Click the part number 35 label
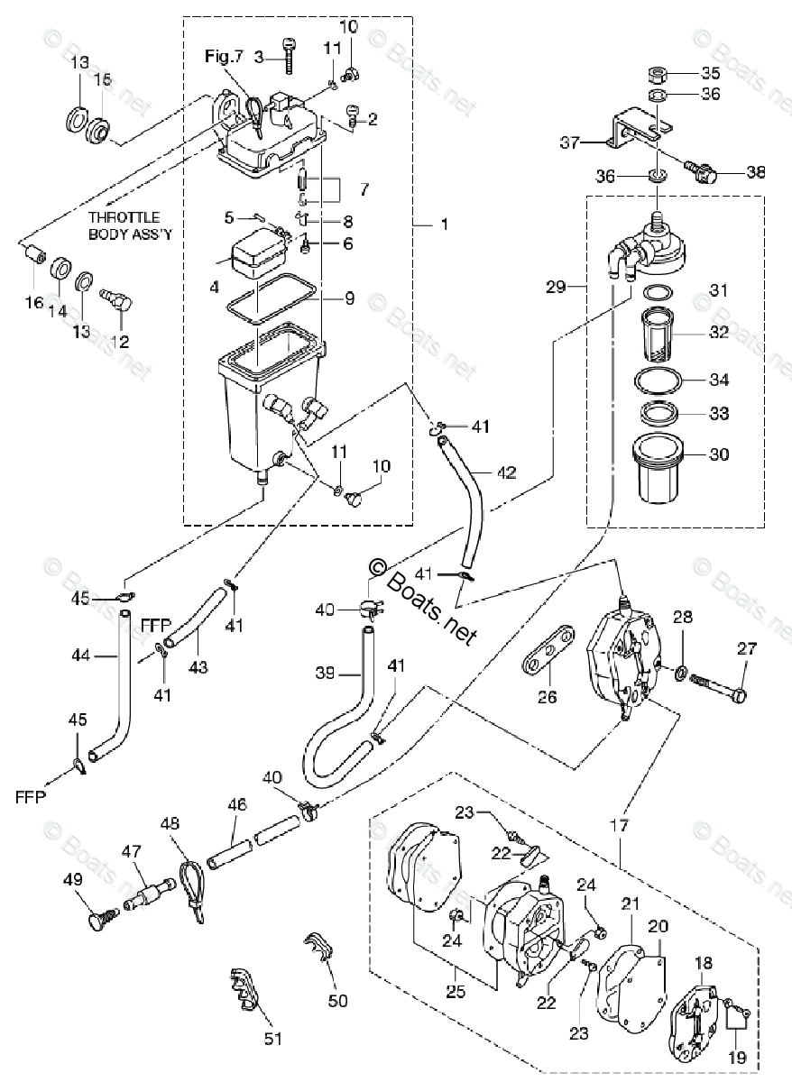pyautogui.click(x=712, y=73)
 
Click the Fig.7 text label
pyautogui.click(x=224, y=56)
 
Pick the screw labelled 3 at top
pyautogui.click(x=289, y=56)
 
